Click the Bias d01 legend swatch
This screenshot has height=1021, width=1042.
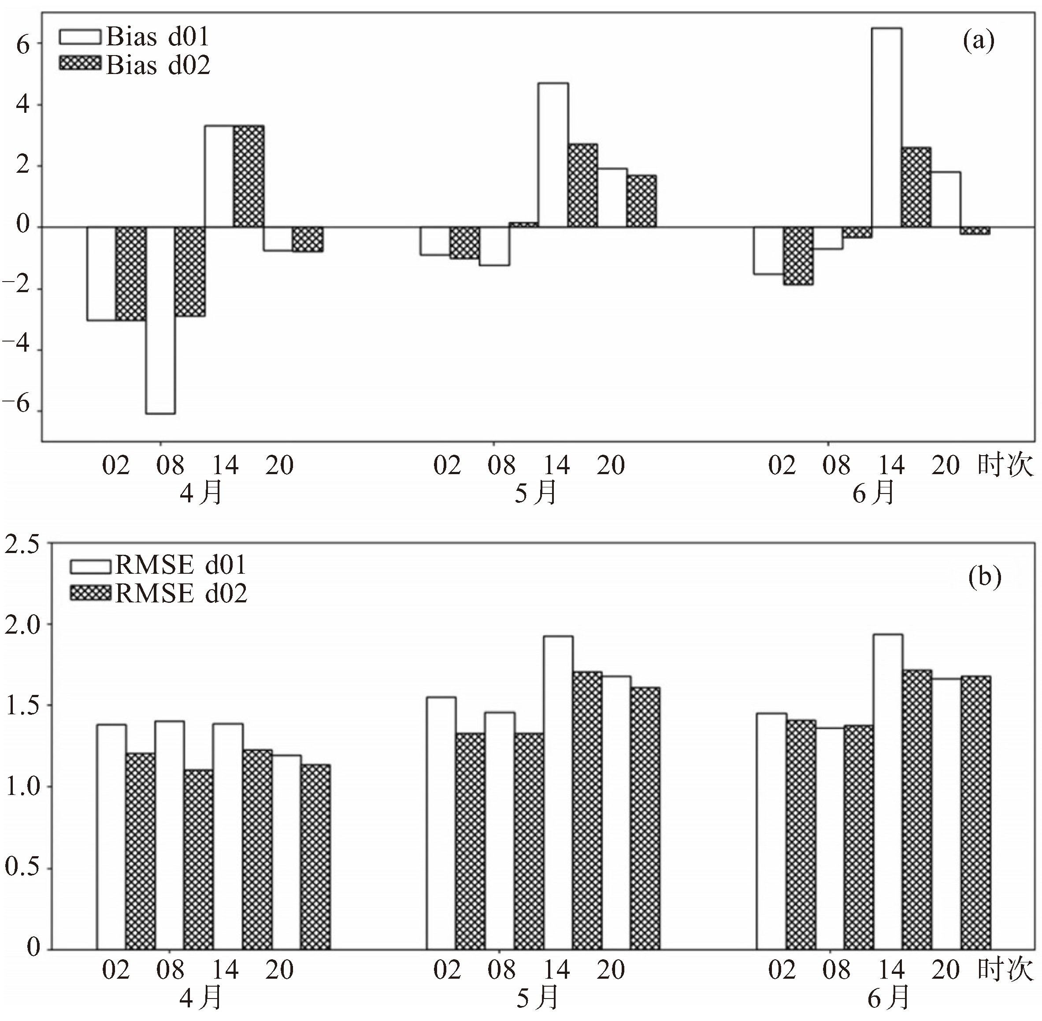pyautogui.click(x=80, y=37)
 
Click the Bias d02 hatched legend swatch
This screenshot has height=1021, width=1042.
pyautogui.click(x=80, y=64)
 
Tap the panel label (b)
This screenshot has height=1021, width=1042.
pyautogui.click(x=985, y=578)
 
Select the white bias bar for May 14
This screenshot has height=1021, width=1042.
pyautogui.click(x=553, y=155)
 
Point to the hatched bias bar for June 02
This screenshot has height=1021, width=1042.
pyautogui.click(x=798, y=256)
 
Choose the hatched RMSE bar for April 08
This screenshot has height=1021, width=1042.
pyautogui.click(x=198, y=860)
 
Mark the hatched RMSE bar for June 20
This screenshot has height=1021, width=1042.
pyautogui.click(x=975, y=813)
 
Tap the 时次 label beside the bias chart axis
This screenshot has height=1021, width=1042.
pyautogui.click(x=1005, y=464)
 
